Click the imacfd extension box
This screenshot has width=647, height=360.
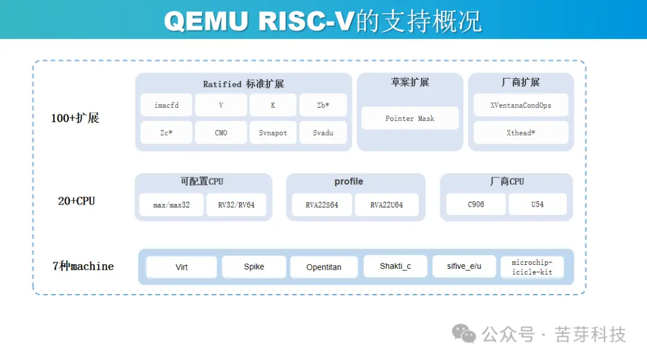click(167, 105)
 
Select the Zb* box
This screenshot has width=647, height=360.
click(323, 105)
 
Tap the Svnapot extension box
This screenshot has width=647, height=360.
click(273, 133)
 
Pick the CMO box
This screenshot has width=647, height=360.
click(221, 133)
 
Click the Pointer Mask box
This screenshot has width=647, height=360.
click(410, 119)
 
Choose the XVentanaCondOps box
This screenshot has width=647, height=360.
click(521, 105)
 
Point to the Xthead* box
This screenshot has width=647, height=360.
click(521, 133)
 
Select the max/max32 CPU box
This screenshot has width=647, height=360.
click(171, 205)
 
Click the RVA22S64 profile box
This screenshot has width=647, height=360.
click(322, 205)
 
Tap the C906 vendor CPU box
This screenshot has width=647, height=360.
click(476, 204)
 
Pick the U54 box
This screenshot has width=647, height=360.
click(537, 204)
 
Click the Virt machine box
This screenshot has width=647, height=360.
click(182, 267)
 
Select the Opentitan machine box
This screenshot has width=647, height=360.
click(323, 267)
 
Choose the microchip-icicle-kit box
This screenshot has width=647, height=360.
click(532, 267)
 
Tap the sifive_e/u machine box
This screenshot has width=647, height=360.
click(464, 267)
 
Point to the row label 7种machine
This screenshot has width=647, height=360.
click(83, 267)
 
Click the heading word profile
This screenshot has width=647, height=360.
click(349, 181)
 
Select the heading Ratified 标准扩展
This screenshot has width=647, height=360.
click(243, 84)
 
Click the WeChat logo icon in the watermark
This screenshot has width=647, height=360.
click(464, 334)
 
